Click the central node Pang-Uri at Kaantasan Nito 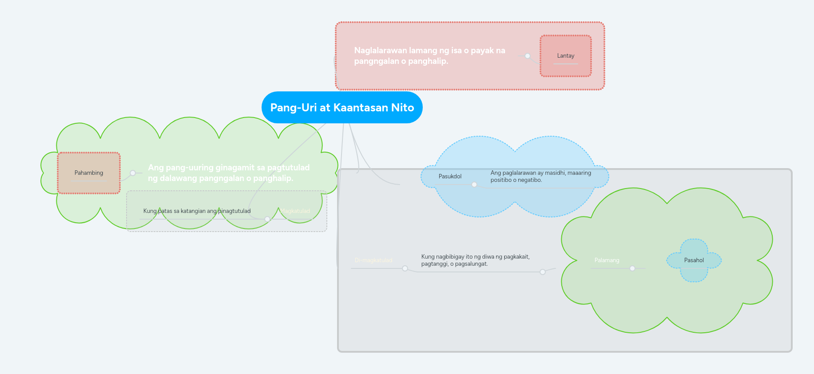[342, 107]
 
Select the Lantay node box [565, 56]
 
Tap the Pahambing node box [89, 173]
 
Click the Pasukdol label [450, 177]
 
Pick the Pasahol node [694, 260]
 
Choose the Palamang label [607, 260]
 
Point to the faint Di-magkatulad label [373, 260]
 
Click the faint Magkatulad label [295, 211]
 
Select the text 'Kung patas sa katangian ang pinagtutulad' [197, 211]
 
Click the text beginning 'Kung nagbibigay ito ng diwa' [475, 260]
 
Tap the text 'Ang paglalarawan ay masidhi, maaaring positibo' [540, 177]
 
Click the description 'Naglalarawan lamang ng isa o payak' [429, 56]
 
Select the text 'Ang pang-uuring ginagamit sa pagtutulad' [229, 173]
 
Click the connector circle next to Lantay [528, 56]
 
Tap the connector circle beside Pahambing [133, 173]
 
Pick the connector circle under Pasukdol [474, 185]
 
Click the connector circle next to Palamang [632, 268]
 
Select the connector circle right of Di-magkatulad [405, 268]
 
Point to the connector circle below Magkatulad [267, 219]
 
